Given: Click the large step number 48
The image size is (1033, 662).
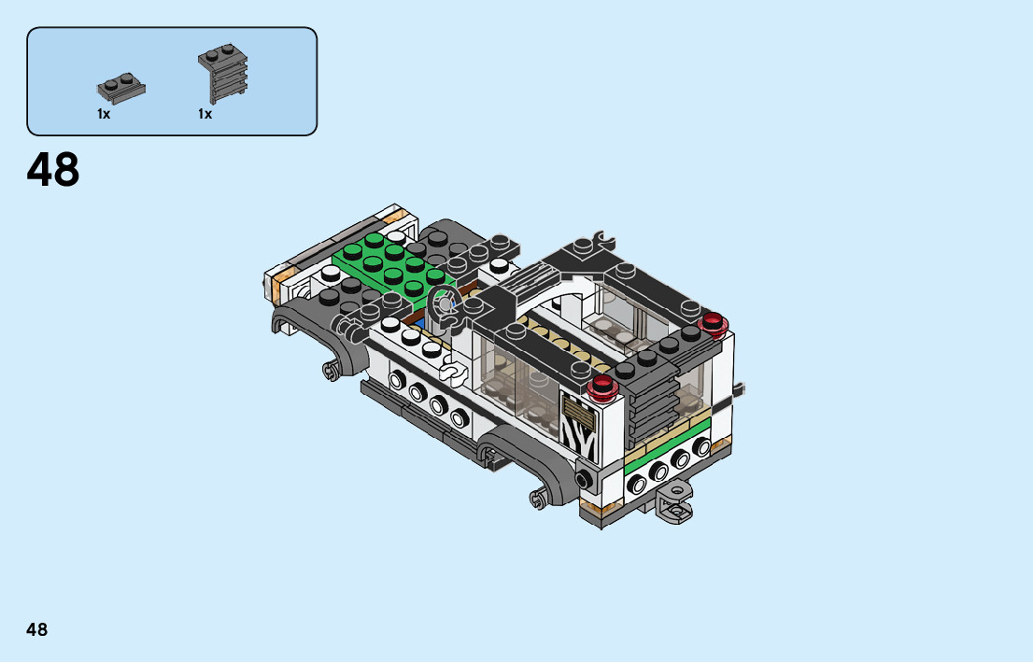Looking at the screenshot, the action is tap(52, 169).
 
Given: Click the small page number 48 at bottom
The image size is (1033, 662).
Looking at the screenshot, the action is tap(37, 629).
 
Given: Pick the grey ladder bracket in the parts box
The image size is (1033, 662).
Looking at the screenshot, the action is tap(223, 73).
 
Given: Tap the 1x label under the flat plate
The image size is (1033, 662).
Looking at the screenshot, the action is tap(104, 114).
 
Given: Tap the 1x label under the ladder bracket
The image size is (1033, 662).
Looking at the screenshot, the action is tap(205, 114).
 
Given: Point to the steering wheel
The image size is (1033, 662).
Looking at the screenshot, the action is tap(443, 305).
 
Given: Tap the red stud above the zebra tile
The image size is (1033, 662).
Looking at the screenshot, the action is tap(602, 387).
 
